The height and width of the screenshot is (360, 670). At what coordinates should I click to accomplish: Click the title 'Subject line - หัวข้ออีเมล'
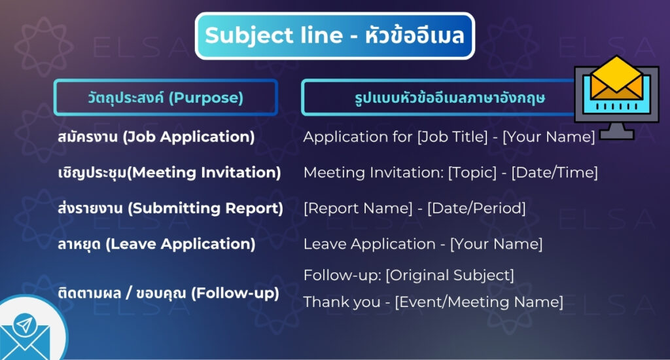[x=334, y=35]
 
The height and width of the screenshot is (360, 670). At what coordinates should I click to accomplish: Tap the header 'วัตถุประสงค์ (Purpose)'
[x=165, y=98]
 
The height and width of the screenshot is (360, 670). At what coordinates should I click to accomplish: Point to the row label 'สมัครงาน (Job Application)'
[x=156, y=137]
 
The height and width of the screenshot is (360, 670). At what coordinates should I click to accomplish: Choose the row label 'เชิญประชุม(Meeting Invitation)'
[x=169, y=173]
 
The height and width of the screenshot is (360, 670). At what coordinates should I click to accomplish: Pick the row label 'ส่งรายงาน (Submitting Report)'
[x=170, y=208]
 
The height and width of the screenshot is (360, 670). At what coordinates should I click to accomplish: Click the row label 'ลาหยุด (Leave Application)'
[x=156, y=244]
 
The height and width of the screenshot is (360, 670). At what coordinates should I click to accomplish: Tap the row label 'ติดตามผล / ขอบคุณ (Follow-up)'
[x=168, y=293]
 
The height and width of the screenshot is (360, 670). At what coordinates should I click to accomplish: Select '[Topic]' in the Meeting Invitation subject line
[x=470, y=173]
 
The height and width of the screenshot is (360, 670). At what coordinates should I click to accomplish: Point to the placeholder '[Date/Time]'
[x=554, y=173]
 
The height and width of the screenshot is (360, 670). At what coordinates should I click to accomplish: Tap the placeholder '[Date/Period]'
[x=476, y=208]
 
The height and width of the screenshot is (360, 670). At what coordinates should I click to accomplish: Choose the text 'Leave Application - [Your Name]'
[x=423, y=244]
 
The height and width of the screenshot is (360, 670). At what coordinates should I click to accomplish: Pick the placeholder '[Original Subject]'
[x=450, y=274]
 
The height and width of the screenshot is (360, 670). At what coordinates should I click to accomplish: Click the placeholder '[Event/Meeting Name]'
[x=478, y=302]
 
